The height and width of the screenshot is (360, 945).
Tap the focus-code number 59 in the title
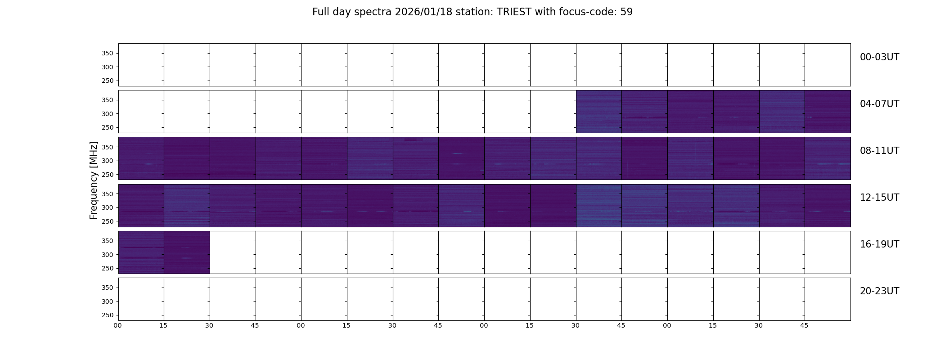[626, 12]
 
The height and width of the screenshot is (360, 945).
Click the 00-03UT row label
[879, 57]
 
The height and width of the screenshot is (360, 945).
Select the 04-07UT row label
[879, 104]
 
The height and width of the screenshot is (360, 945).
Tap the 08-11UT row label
[879, 151]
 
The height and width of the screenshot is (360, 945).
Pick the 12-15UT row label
[879, 198]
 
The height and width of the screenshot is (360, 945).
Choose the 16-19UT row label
[879, 244]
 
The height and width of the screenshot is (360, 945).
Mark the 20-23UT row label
[879, 291]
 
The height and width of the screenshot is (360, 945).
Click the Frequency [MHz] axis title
[94, 180]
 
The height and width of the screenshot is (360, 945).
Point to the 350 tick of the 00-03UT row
[107, 53]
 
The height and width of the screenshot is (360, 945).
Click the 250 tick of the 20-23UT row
[107, 315]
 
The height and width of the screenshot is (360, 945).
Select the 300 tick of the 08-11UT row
[107, 161]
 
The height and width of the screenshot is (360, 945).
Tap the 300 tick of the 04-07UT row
[107, 114]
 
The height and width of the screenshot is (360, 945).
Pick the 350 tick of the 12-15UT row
[107, 194]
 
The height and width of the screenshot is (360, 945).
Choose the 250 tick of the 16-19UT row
[107, 269]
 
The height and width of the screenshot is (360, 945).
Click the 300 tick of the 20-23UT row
[107, 301]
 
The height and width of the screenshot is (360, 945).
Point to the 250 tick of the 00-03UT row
[107, 81]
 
